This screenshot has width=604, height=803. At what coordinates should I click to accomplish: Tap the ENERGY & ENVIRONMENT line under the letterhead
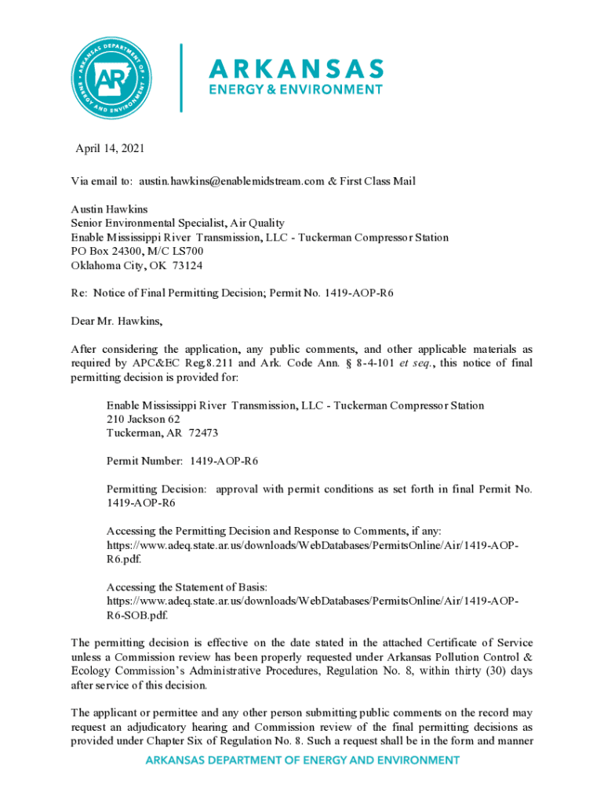295,90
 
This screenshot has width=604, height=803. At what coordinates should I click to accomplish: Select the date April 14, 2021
110,148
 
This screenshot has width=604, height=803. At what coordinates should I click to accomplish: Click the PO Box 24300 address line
137,251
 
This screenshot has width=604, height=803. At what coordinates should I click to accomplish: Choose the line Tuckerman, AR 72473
151,433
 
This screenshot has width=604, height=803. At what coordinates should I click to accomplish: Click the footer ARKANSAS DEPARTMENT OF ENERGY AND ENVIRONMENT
302,760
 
